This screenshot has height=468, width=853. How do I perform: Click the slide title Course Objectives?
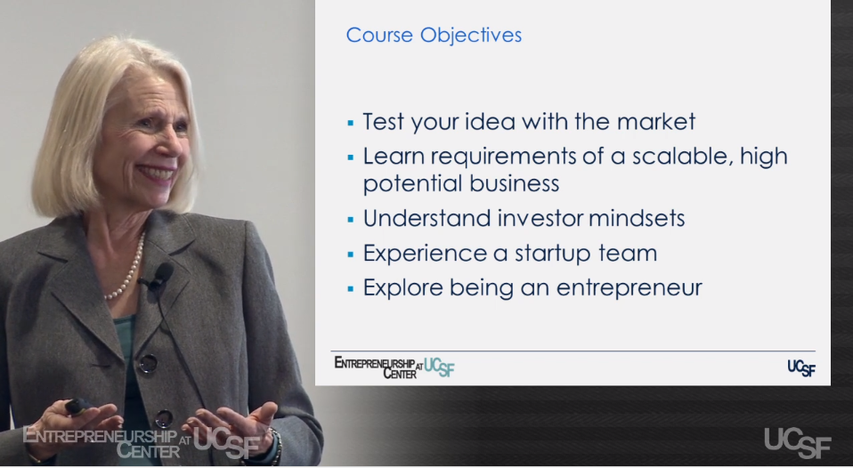(434, 35)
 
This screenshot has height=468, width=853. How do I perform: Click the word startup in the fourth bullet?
(552, 254)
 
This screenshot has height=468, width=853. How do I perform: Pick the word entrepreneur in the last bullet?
(629, 288)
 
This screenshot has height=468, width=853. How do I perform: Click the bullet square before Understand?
(350, 220)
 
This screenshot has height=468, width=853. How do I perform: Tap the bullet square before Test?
(350, 124)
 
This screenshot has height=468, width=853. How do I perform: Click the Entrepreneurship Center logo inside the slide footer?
(394, 367)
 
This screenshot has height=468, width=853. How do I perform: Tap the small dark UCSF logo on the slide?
(801, 368)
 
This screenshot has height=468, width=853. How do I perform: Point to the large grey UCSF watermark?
(798, 442)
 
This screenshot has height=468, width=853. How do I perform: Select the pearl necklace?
(127, 269)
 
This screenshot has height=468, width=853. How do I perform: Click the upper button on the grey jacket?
(148, 363)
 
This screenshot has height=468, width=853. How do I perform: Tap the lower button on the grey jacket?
(163, 418)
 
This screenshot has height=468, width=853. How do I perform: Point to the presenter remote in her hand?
(77, 407)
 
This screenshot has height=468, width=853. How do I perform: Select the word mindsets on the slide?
(637, 219)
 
